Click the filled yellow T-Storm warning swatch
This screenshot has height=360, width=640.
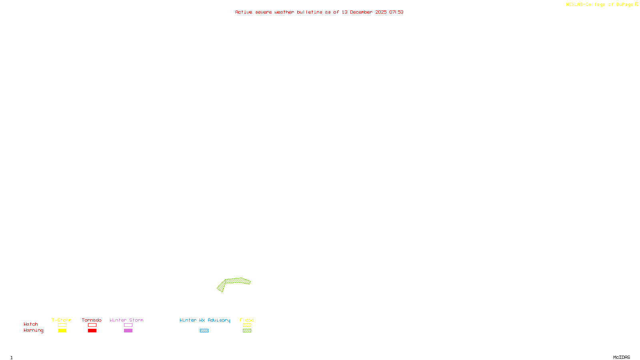pos(62,331)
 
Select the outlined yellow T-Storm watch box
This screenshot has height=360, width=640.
pos(62,325)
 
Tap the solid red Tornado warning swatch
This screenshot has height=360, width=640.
pos(92,331)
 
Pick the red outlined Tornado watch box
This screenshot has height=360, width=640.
pos(92,325)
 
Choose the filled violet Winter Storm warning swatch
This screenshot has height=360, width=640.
pos(128,331)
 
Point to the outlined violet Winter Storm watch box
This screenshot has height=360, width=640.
pos(128,325)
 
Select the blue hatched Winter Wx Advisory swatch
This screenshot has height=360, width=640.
pos(204,331)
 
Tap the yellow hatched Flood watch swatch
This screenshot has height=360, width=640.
pos(247,325)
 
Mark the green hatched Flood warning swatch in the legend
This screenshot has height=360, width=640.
pos(247,331)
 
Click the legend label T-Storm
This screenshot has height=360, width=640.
pos(62,320)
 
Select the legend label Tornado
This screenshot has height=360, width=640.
pos(92,320)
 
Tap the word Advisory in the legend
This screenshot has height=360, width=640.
pos(219,320)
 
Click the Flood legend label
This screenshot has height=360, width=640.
pos(247,320)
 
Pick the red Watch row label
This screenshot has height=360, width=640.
pos(31,324)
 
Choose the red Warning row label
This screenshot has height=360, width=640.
pos(33,330)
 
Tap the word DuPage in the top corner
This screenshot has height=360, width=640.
pos(624,4)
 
